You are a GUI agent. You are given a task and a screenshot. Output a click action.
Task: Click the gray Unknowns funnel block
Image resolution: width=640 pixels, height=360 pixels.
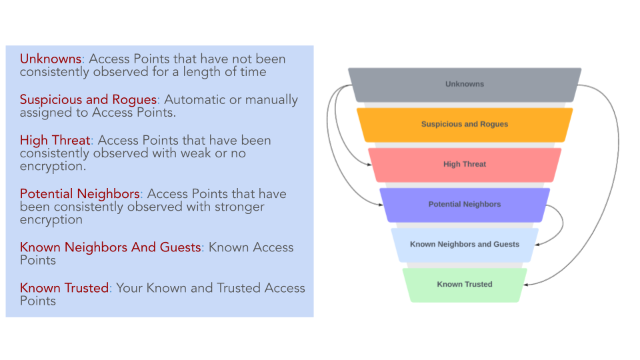pyautogui.click(x=465, y=85)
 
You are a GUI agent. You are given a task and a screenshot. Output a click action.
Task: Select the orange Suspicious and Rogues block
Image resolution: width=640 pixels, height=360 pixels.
pyautogui.click(x=465, y=125)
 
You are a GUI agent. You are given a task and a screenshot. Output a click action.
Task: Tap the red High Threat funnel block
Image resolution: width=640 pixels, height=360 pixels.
pyautogui.click(x=465, y=165)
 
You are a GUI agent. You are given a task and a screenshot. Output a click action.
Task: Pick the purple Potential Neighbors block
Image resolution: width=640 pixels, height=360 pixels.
pyautogui.click(x=465, y=205)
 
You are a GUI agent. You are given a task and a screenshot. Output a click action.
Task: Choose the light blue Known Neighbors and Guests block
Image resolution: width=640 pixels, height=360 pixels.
pyautogui.click(x=465, y=245)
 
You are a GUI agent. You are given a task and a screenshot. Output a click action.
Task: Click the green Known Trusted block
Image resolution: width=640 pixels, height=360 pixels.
pyautogui.click(x=465, y=285)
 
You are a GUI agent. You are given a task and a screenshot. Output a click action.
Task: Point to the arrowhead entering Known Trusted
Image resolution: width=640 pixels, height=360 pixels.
pyautogui.click(x=527, y=285)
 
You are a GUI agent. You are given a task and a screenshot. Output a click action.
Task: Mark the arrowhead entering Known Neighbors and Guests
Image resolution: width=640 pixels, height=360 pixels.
pyautogui.click(x=538, y=245)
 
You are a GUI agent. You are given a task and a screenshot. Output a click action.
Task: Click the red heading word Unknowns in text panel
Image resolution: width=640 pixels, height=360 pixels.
pyautogui.click(x=50, y=59)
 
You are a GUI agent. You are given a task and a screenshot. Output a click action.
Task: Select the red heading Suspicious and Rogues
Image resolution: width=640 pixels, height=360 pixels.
pyautogui.click(x=88, y=99)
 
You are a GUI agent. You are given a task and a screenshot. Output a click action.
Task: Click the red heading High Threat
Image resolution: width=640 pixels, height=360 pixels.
pyautogui.click(x=55, y=140)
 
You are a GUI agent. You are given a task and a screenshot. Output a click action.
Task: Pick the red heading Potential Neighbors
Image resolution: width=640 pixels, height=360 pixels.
pyautogui.click(x=79, y=194)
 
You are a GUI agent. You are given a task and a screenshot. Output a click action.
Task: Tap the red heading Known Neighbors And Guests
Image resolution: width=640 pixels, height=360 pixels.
pyautogui.click(x=110, y=247)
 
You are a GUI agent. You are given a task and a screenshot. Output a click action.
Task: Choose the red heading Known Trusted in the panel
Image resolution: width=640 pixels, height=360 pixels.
pyautogui.click(x=64, y=288)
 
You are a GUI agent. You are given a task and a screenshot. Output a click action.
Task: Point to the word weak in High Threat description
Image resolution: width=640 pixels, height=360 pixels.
pyautogui.click(x=177, y=153)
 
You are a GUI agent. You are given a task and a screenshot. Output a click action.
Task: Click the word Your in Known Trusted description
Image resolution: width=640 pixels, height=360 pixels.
pyautogui.click(x=130, y=288)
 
